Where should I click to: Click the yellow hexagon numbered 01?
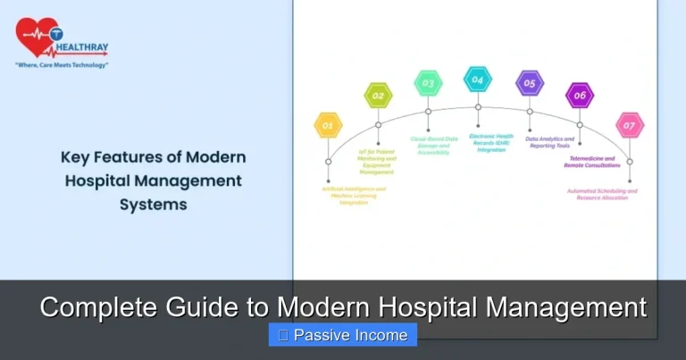(x=328, y=125)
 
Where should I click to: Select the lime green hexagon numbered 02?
(x=378, y=95)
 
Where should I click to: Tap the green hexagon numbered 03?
(x=428, y=83)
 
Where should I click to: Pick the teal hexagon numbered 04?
(x=478, y=79)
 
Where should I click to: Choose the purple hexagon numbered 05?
(x=529, y=83)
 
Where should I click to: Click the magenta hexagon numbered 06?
(x=580, y=95)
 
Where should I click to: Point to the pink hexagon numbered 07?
(x=630, y=125)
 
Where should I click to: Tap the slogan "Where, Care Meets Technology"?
(x=62, y=65)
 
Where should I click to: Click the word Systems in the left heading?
(x=154, y=203)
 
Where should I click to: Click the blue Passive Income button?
(x=343, y=335)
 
